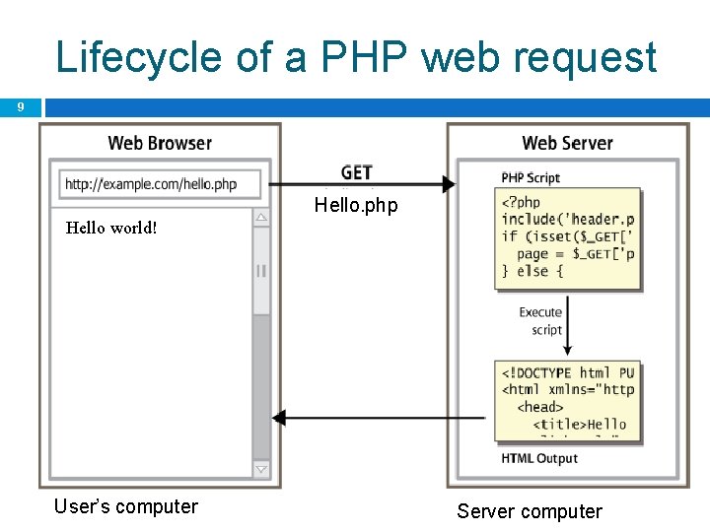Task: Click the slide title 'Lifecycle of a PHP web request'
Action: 356,57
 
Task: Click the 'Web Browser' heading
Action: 160,143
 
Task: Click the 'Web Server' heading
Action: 567,143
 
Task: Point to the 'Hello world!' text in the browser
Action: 110,229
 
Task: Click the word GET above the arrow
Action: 356,172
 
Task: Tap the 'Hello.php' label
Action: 356,206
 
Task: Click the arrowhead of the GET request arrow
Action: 449,184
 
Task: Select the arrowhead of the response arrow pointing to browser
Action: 278,418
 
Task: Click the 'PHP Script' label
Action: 531,177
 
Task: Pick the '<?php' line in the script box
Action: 522,202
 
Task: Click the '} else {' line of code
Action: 532,271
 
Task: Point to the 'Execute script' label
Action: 540,321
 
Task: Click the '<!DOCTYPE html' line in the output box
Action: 567,372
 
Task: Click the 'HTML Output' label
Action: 539,458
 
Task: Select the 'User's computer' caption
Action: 126,506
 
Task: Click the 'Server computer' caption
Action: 529,511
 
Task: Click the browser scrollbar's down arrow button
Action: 261,470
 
